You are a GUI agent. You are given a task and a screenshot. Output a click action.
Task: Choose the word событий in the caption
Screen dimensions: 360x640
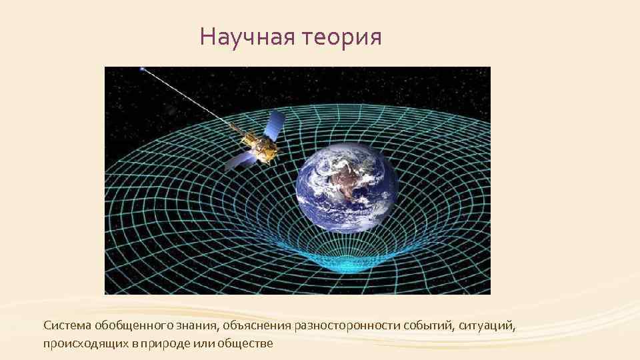point(426,326)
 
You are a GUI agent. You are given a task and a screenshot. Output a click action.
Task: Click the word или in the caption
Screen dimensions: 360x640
point(201,343)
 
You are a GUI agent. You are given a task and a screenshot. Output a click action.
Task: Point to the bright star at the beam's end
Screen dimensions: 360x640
point(141,69)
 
